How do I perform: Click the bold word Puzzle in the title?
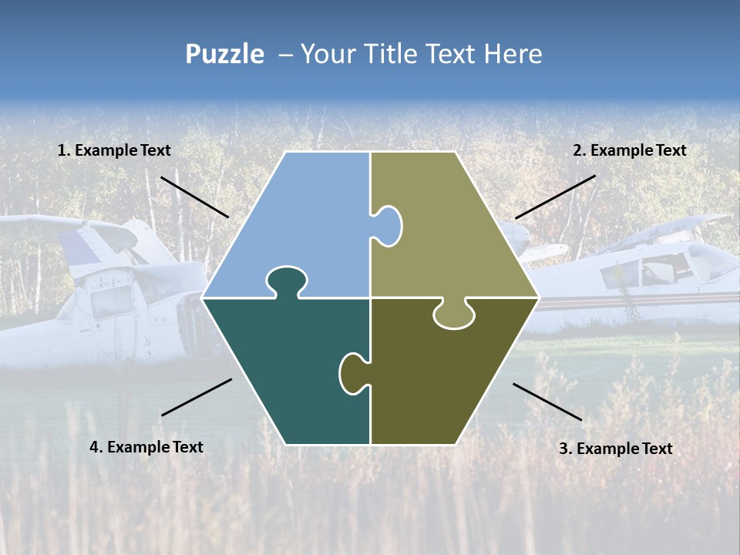224,54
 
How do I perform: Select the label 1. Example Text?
114,151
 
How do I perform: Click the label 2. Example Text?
629,151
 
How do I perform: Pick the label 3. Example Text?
615,449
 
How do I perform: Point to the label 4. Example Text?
146,447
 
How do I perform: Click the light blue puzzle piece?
301,224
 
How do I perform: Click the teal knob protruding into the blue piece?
284,281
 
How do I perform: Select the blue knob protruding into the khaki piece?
387,225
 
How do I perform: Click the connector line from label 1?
194,197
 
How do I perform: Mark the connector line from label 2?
555,197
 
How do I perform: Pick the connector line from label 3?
547,402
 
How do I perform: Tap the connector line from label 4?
197,397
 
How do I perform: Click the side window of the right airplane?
621,274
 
